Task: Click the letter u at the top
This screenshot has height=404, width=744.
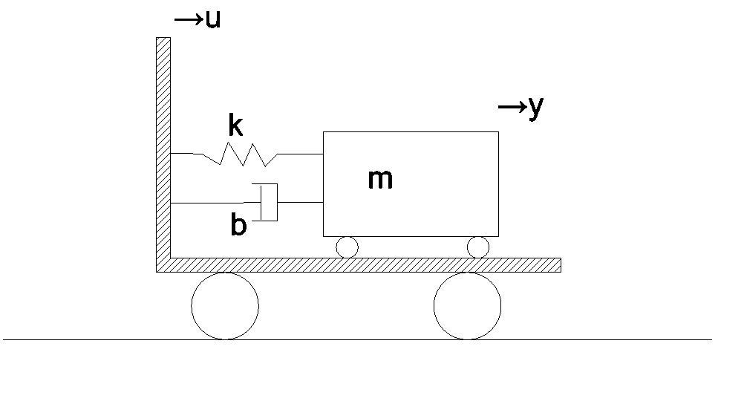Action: coord(214,19)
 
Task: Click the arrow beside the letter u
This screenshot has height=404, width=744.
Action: coord(189,19)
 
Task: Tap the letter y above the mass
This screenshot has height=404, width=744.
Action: coord(535,108)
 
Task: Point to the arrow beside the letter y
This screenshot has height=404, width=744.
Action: coord(512,107)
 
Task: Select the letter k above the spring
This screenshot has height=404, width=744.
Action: coord(235,125)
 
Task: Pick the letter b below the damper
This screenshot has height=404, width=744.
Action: coord(238,224)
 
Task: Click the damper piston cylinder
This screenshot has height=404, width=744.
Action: coord(269,202)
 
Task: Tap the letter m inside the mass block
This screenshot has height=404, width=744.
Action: coord(381,180)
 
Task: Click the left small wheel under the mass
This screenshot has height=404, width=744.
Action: coord(347,247)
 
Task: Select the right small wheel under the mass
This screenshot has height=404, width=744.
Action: coord(478,247)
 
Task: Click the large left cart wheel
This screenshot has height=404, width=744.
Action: coord(225,306)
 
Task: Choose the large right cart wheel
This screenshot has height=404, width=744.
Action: coord(467,306)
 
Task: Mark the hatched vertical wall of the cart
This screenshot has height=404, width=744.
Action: coord(163,148)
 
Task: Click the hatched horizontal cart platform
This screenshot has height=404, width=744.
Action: coord(359,265)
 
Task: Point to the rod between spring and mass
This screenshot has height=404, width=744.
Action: coord(301,154)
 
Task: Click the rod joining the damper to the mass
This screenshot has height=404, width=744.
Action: coord(301,202)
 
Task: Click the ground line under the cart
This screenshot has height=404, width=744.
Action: coord(357,339)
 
